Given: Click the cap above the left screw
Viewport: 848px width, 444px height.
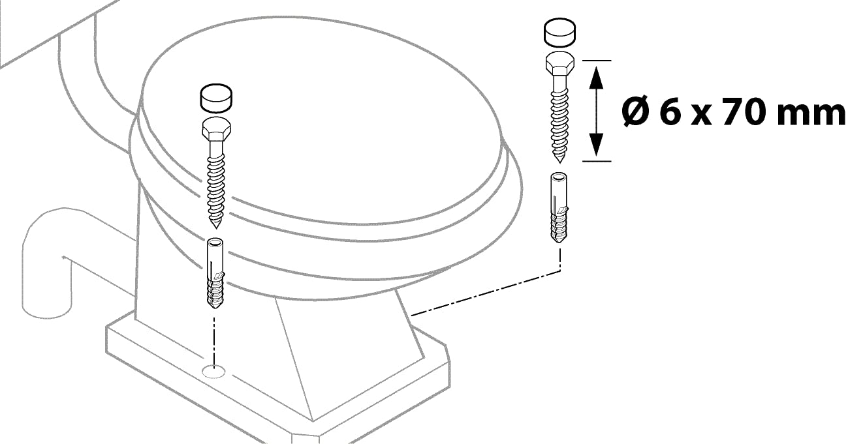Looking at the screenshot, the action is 215,98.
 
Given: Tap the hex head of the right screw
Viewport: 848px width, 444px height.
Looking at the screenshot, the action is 559,65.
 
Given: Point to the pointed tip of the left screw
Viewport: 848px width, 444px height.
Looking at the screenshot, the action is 216,228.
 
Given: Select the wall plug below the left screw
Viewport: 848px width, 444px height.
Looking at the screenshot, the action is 215,273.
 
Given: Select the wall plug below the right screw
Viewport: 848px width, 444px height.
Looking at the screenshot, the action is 559,207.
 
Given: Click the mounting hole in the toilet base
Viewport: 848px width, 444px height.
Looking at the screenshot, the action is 213,372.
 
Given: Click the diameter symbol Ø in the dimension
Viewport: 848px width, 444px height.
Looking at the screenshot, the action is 636,112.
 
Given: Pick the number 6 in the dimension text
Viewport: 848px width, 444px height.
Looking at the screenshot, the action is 670,112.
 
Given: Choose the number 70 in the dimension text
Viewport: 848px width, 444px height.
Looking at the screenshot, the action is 742,112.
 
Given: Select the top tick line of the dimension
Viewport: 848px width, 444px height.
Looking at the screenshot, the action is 597,61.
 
